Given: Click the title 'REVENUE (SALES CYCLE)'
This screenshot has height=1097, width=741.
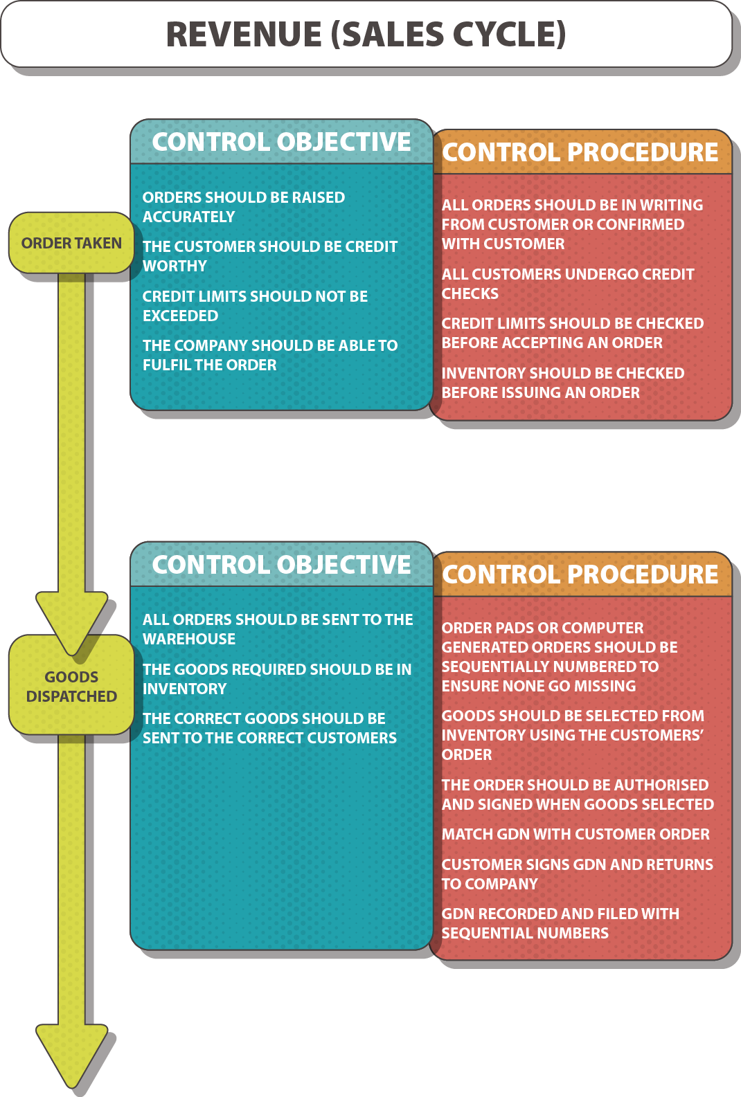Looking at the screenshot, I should point(366,35).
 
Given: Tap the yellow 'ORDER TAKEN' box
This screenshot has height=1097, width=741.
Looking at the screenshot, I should point(71,243).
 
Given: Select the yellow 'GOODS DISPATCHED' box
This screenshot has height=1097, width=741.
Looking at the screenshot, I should point(71,686).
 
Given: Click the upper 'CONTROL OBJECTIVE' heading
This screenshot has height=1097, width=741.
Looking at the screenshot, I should point(281,142).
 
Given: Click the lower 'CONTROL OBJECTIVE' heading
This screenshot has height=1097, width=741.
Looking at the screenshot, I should point(281,565).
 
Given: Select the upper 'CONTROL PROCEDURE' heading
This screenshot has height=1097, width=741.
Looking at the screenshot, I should point(580,152).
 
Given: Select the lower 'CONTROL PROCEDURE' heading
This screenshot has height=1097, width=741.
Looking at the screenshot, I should point(580,574).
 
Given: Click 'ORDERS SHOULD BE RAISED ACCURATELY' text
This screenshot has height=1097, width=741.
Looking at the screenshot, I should point(243,207).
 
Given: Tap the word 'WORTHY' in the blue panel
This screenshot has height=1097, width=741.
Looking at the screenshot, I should point(175,266).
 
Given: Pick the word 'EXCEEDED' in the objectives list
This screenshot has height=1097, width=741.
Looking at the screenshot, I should point(180,316).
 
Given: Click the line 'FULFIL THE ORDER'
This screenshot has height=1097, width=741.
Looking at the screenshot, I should point(209,365).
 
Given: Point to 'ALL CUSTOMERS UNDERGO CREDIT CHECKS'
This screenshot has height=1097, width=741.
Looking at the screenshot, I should point(567,284).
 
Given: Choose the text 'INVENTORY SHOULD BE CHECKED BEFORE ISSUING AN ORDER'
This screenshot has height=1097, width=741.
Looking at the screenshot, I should point(562,383).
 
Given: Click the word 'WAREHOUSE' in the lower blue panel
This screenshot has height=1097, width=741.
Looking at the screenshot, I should point(189,640).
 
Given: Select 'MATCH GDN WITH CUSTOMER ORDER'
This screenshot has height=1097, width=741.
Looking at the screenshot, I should point(575,835).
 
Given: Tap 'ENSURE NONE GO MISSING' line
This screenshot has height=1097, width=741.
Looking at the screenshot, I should point(538,687).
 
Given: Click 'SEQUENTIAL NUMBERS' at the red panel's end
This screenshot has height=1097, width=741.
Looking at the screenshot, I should point(525,934).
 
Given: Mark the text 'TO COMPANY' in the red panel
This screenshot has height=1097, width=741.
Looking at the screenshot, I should point(490,885).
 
